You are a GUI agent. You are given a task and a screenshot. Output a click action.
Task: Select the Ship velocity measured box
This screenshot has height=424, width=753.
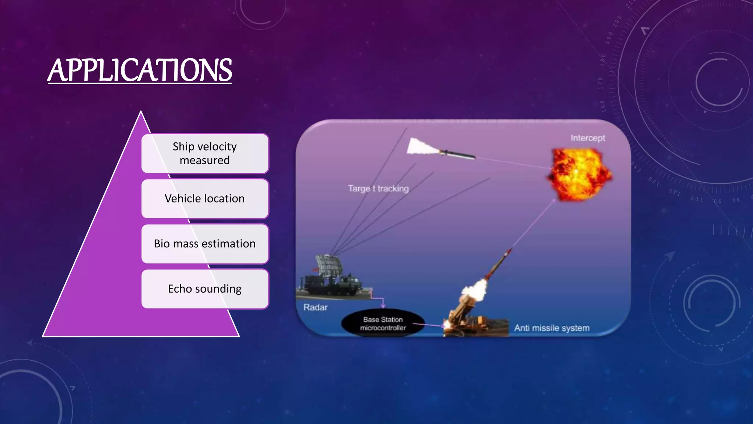(205, 153)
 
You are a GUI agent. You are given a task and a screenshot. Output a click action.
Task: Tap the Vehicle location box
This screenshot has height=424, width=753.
(205, 199)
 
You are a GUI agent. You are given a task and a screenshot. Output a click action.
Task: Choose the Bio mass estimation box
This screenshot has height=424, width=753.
(205, 244)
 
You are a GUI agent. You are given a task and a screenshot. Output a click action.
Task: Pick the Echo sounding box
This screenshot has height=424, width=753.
(205, 289)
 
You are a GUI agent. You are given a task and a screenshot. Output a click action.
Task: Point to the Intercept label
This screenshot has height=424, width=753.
(588, 138)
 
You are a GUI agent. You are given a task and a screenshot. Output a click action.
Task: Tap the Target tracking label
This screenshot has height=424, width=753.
(378, 188)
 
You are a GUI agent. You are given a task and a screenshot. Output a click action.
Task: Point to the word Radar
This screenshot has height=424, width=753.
(315, 307)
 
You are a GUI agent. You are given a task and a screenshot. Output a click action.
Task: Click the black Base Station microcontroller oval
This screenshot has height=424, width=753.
(383, 324)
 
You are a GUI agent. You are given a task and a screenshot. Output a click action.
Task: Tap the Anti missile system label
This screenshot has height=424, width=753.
(552, 328)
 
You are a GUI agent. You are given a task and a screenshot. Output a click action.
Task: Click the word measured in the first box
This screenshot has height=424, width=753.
(205, 160)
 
